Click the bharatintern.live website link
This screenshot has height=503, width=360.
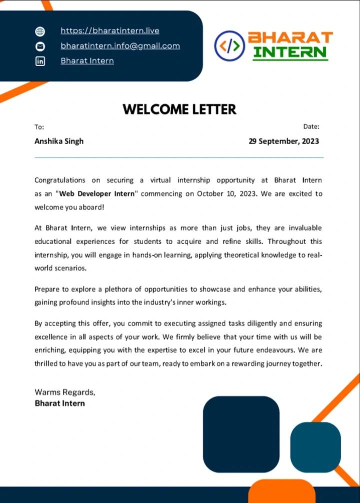110,30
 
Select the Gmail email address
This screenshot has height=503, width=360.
120,45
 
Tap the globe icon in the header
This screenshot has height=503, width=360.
40,31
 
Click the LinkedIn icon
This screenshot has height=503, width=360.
40,61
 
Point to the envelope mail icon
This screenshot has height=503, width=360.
40,46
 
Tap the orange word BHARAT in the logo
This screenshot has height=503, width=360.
290,37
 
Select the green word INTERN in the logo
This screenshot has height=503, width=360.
290,52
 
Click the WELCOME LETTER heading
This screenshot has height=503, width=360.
179,109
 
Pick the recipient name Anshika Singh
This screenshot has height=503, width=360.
59,141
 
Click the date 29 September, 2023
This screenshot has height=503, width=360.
283,141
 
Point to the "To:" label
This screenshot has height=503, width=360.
39,127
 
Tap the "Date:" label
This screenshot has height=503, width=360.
311,126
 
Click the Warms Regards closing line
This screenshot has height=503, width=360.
64,392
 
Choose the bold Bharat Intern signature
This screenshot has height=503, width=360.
59,403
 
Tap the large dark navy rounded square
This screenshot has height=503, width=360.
241,434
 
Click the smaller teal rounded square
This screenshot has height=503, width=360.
315,447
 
